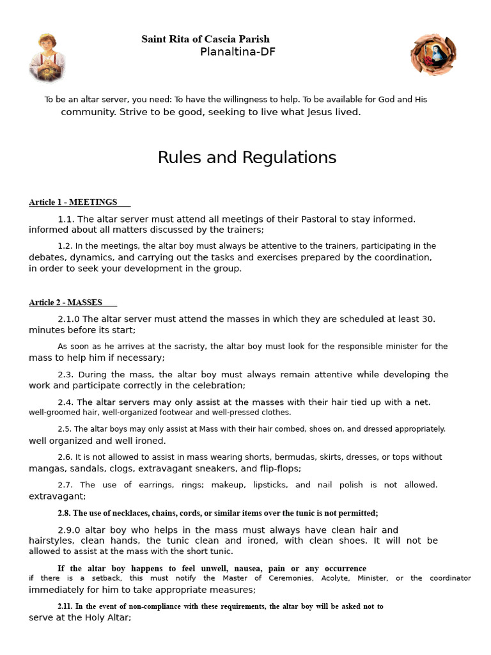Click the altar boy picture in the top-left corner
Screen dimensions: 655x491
[x=48, y=58]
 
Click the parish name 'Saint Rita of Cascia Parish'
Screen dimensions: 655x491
[x=205, y=40]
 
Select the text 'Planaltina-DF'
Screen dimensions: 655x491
[x=238, y=52]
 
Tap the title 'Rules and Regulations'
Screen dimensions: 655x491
[x=247, y=157]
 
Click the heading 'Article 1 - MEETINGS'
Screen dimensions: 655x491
[x=73, y=202]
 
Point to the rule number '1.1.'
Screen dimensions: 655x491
[x=66, y=219]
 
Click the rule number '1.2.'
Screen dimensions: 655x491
[x=65, y=246]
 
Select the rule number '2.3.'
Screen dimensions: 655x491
[x=66, y=374]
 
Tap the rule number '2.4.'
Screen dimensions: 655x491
[x=66, y=402]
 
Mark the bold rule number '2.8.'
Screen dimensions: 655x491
[x=64, y=513]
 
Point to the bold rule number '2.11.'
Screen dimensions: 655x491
[x=65, y=606]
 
